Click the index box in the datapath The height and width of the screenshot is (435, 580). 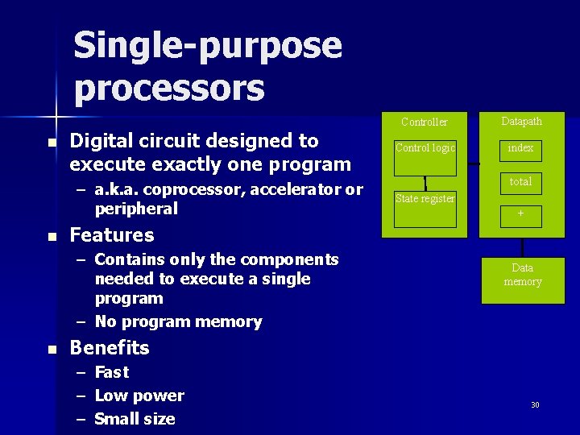tap(520, 150)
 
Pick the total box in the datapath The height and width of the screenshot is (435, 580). tap(520, 182)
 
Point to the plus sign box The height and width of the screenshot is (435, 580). tap(520, 214)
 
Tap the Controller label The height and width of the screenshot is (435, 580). tap(425, 122)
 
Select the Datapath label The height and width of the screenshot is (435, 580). tap(522, 122)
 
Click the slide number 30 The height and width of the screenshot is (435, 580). tap(535, 404)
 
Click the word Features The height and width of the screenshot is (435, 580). tap(112, 235)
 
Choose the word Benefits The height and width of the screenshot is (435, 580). tap(110, 348)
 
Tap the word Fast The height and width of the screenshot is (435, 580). tap(112, 372)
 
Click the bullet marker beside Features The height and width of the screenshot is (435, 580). tap(52, 237)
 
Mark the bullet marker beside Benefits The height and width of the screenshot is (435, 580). tap(52, 350)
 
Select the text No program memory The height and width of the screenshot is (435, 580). tap(178, 322)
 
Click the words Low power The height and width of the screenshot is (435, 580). tap(139, 396)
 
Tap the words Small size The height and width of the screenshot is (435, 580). tap(135, 419)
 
